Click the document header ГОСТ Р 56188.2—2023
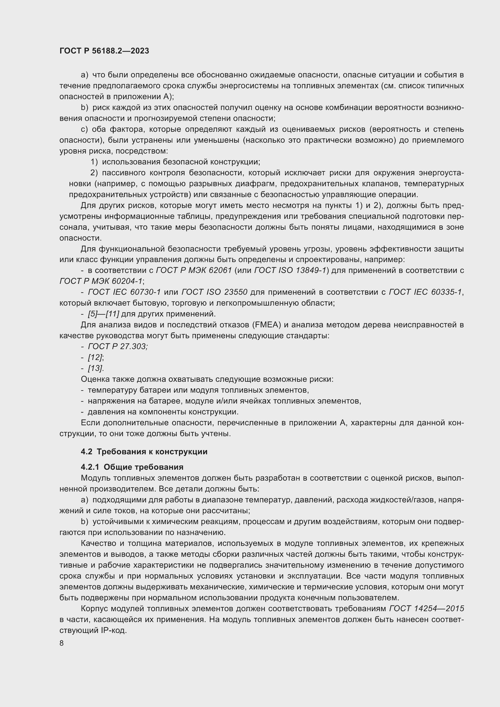pyautogui.click(x=104, y=51)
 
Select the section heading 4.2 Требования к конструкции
pyautogui.click(x=144, y=452)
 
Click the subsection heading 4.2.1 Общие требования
pyautogui.click(x=132, y=467)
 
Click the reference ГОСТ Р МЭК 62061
pyautogui.click(x=194, y=270)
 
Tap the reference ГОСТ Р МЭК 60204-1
pyautogui.click(x=101, y=281)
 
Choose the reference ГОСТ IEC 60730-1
pyautogui.click(x=124, y=292)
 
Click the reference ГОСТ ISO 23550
pyautogui.click(x=214, y=292)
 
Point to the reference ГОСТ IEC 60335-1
pyautogui.click(x=426, y=292)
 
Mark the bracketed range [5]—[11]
pyautogui.click(x=103, y=314)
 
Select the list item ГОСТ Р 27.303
pyautogui.click(x=118, y=346)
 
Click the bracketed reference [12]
pyautogui.click(x=95, y=358)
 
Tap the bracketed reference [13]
pyautogui.click(x=96, y=368)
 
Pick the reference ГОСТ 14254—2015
pyautogui.click(x=427, y=609)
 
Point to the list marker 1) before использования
pyautogui.click(x=94, y=162)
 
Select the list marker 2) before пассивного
pyautogui.click(x=94, y=173)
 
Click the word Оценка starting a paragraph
pyautogui.click(x=95, y=379)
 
